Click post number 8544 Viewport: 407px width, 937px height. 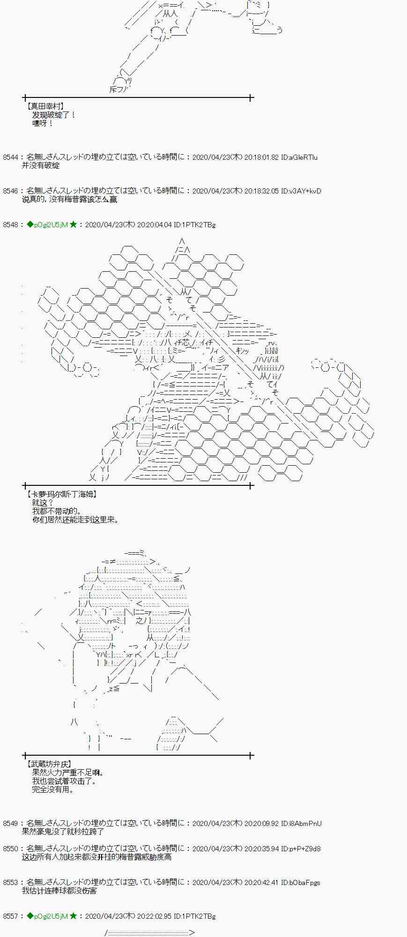[10, 157]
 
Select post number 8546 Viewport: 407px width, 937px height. [10, 191]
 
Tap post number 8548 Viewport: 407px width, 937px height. [10, 225]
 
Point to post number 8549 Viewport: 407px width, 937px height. [10, 823]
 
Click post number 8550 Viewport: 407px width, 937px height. [10, 848]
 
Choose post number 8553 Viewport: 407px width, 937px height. [10, 882]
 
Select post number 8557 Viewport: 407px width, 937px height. [10, 916]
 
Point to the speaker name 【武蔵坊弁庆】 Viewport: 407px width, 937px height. [49, 764]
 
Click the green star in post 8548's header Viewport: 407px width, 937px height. [73, 224]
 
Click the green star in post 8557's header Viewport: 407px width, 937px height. [73, 915]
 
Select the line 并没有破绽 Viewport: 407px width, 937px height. [41, 166]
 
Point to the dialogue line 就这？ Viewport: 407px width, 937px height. [43, 503]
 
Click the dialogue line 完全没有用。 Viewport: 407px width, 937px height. [53, 789]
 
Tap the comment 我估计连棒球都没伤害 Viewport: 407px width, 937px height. [59, 891]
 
